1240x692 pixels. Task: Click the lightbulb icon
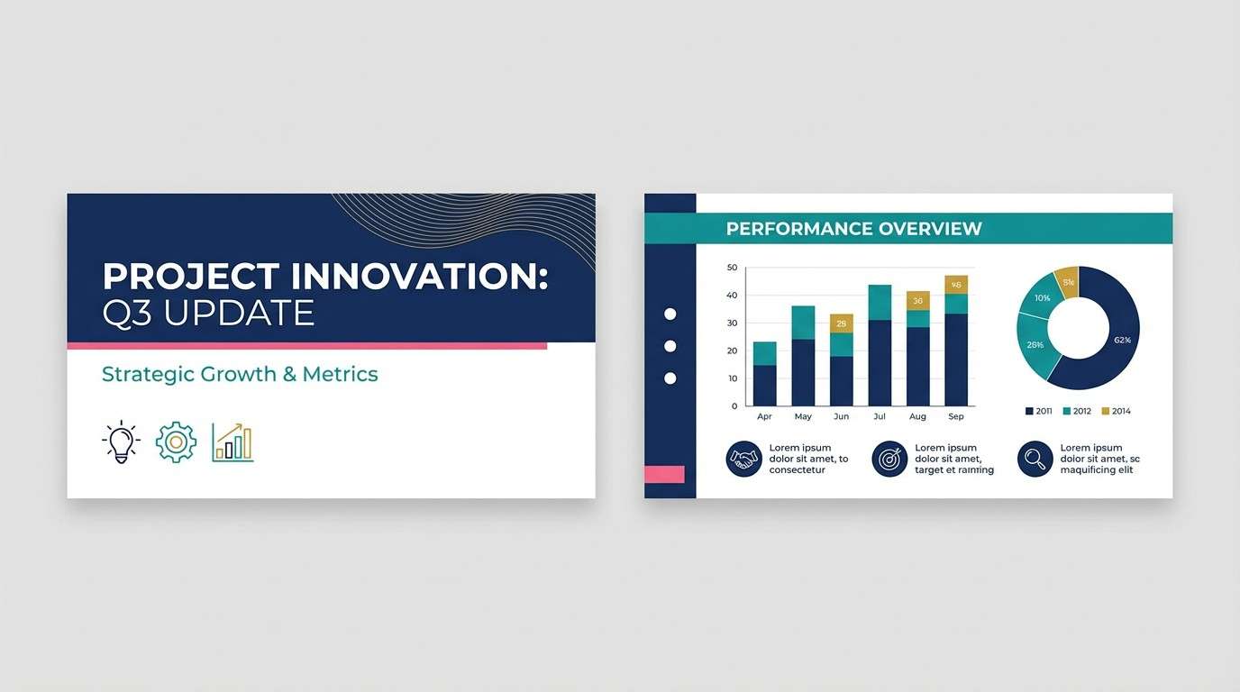click(121, 442)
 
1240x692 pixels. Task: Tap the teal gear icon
click(176, 442)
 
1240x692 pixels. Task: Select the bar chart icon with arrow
click(232, 442)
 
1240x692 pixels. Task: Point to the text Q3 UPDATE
click(208, 313)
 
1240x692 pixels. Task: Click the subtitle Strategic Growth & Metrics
click(240, 374)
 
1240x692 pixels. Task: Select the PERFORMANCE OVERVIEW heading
click(853, 229)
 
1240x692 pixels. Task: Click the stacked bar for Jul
click(880, 346)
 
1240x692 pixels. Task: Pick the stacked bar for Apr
click(764, 374)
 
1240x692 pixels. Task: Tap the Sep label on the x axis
click(956, 416)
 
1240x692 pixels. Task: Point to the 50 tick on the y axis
click(732, 268)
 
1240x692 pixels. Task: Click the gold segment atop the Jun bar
click(842, 323)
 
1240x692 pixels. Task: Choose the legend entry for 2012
click(1077, 411)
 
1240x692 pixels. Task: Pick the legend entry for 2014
click(1116, 411)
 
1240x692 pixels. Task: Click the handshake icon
click(743, 459)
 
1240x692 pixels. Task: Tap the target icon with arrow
click(889, 459)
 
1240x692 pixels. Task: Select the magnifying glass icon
click(1035, 459)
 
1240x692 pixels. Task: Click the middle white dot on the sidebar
click(670, 346)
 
